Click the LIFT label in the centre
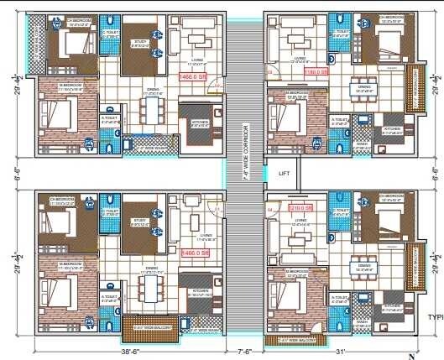pyautogui.click(x=283, y=172)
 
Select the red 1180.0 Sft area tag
pyautogui.click(x=316, y=73)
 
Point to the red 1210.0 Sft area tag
pyautogui.click(x=300, y=207)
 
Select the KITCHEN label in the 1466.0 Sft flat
pyautogui.click(x=199, y=123)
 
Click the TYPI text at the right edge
pyautogui.click(x=434, y=317)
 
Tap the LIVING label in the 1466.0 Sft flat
pyautogui.click(x=199, y=60)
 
